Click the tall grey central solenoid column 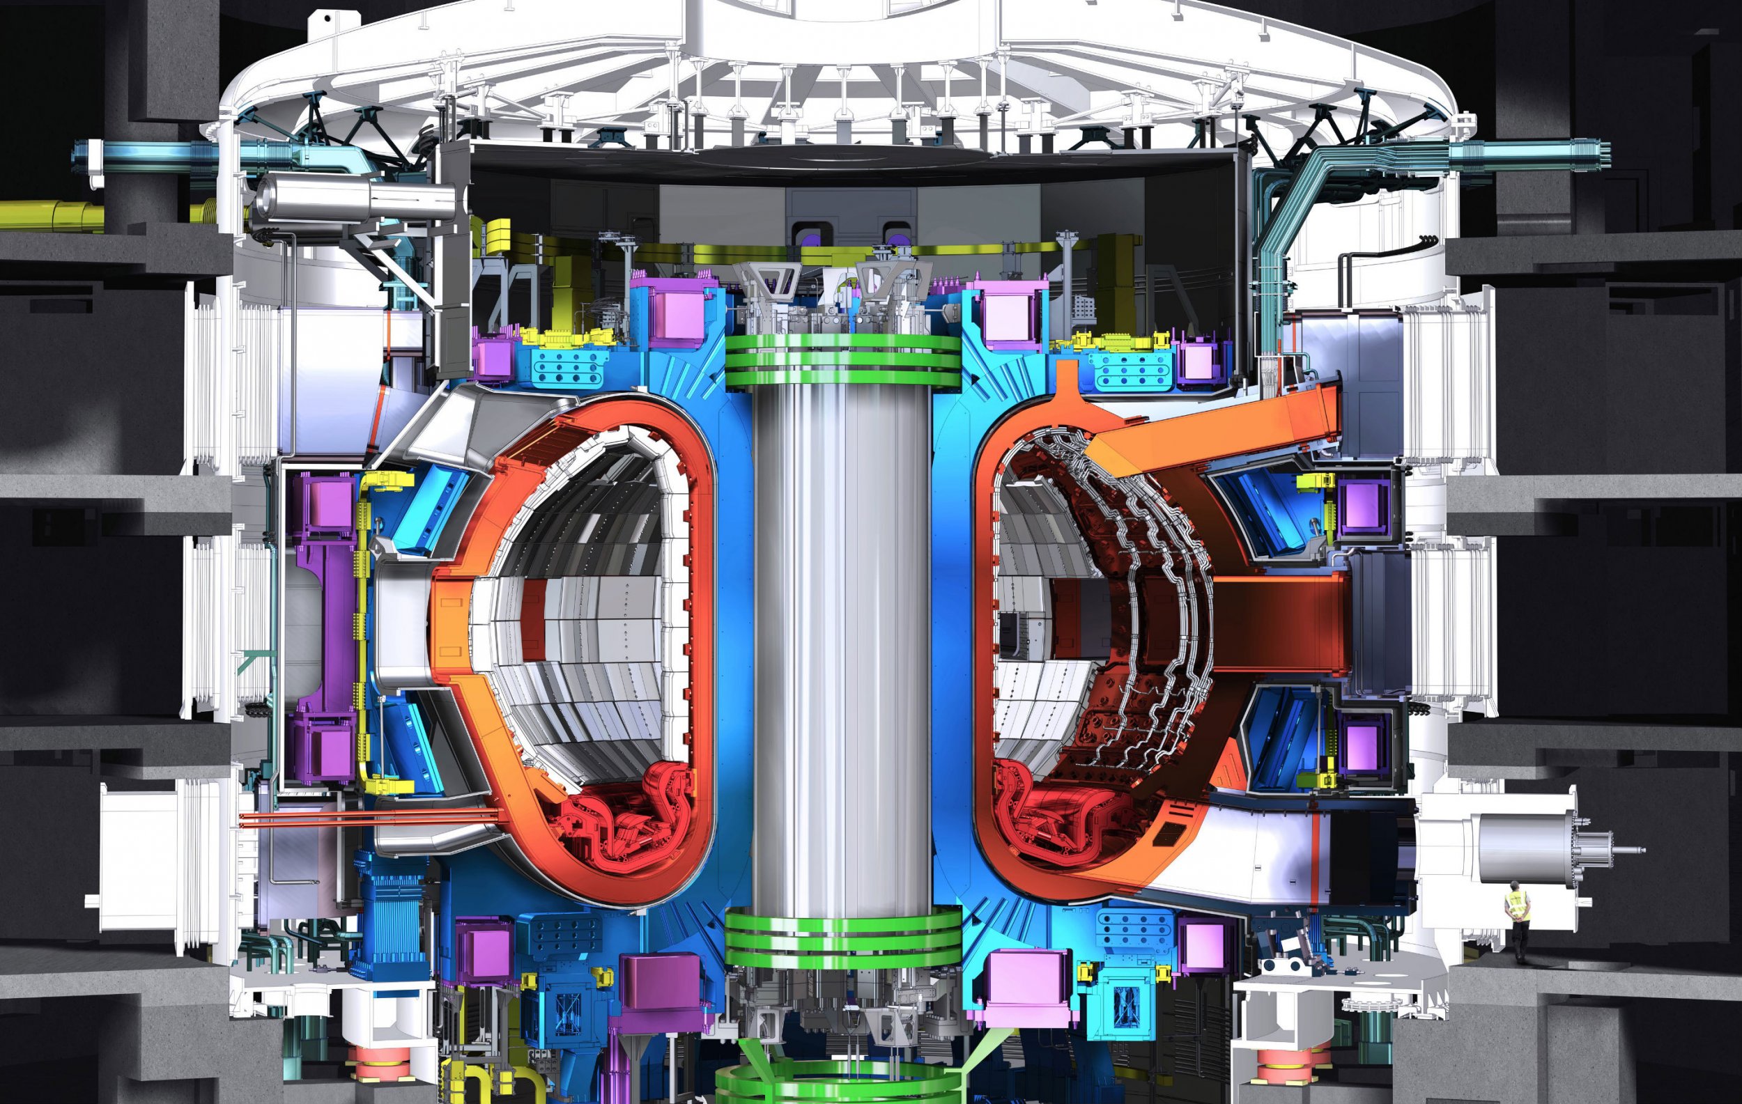coord(843,651)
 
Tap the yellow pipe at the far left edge coord(43,212)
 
